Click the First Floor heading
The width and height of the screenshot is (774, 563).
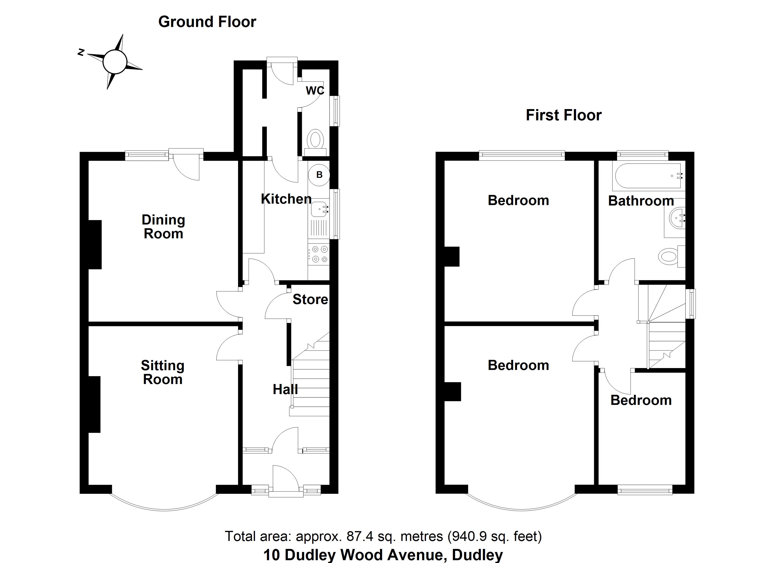point(563,115)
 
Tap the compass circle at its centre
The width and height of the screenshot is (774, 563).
point(115,62)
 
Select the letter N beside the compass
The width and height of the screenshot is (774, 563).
point(81,52)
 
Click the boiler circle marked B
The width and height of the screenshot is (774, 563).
point(319,175)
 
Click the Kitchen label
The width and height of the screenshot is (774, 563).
point(286,199)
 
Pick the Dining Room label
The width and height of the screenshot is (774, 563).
point(163,227)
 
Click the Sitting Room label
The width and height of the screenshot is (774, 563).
point(163,373)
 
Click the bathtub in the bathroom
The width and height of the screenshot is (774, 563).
point(649,176)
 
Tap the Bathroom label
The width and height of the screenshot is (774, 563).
point(641,201)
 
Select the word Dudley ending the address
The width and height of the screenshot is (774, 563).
point(477,555)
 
